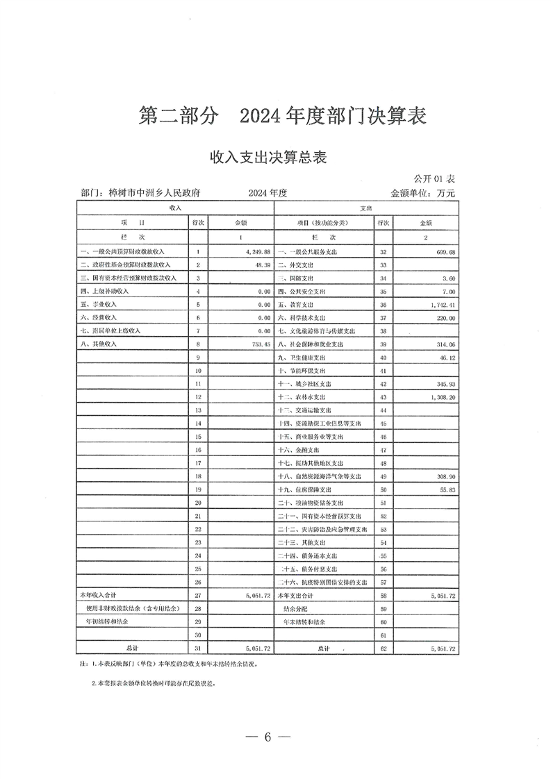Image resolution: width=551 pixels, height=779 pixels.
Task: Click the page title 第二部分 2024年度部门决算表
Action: [282, 116]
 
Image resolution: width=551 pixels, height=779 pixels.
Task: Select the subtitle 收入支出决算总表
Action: [268, 158]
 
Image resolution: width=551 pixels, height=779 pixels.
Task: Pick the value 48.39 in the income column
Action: [261, 265]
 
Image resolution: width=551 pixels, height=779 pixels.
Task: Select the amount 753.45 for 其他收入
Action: [258, 344]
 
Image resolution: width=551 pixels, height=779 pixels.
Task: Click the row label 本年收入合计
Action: [97, 595]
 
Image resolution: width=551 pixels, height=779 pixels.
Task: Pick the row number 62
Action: [382, 648]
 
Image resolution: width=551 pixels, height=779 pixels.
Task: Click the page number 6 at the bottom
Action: [266, 737]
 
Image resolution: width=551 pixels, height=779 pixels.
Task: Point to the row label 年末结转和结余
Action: [306, 622]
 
